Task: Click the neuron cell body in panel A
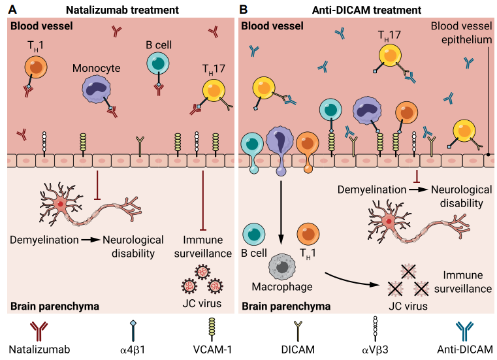tap(61, 203)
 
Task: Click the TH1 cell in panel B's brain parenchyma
tap(308, 235)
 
